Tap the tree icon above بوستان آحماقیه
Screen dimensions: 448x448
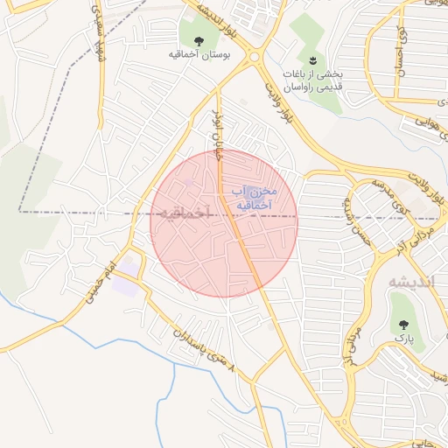click(x=199, y=40)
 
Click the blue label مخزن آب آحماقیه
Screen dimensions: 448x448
click(x=255, y=198)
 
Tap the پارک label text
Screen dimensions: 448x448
click(x=402, y=337)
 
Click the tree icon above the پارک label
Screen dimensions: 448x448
click(x=402, y=323)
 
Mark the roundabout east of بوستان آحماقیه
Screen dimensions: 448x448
click(x=254, y=59)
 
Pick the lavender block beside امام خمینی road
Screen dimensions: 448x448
click(x=124, y=286)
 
